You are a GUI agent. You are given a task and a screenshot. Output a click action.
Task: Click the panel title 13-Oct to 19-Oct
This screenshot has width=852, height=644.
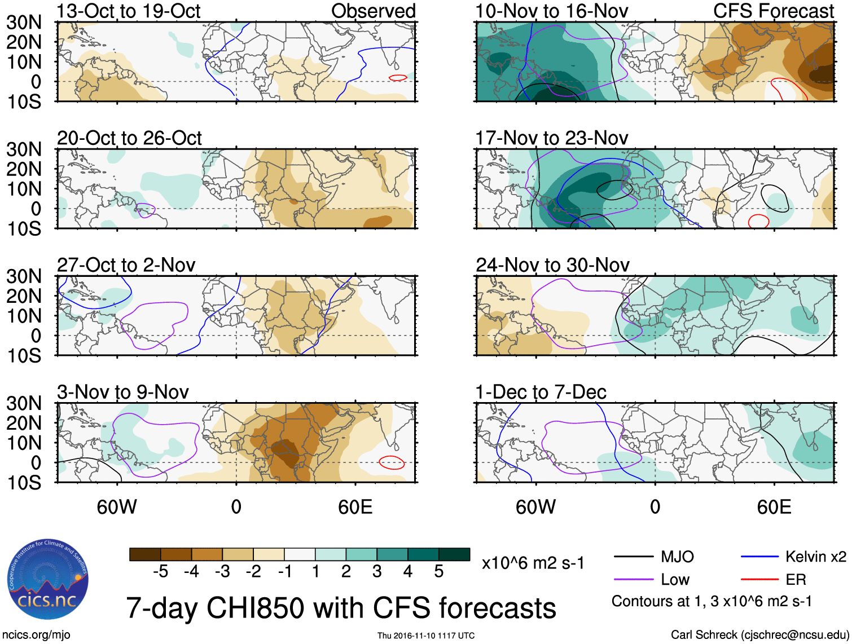[x=128, y=11]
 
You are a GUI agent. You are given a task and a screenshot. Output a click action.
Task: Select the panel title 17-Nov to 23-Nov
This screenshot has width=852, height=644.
[x=551, y=138]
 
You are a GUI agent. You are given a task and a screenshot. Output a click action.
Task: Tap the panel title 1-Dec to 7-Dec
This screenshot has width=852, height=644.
[x=541, y=392]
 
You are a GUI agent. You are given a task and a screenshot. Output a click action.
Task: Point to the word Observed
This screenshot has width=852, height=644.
[x=373, y=11]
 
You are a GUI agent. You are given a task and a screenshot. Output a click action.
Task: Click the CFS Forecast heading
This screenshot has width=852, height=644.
[x=773, y=11]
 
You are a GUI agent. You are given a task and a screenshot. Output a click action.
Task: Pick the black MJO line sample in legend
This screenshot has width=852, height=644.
[x=633, y=557]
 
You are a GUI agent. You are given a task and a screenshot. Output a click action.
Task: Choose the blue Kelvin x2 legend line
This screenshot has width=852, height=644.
[x=759, y=557]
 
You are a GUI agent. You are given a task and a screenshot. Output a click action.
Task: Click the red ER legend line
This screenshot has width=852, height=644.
[x=759, y=579]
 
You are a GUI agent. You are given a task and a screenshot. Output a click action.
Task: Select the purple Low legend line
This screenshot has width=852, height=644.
[x=633, y=579]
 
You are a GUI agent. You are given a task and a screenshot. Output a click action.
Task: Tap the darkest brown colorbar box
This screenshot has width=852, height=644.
[x=145, y=554]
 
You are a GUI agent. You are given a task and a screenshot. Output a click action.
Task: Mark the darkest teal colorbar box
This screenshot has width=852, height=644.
[x=454, y=554]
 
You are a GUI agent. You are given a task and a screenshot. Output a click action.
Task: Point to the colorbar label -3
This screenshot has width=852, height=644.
[x=222, y=572]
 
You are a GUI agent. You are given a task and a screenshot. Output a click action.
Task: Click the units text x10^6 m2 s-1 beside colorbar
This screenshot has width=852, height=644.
[x=533, y=563]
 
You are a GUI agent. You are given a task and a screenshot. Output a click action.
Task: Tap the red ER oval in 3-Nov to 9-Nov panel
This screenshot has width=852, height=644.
[x=392, y=462]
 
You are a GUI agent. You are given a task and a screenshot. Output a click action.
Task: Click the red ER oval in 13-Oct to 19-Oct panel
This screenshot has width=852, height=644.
[x=398, y=77]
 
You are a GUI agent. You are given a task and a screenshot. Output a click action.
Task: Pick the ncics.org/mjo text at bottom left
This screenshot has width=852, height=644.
[x=36, y=635]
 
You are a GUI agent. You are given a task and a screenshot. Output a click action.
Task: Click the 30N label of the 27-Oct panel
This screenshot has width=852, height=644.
[x=24, y=276]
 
